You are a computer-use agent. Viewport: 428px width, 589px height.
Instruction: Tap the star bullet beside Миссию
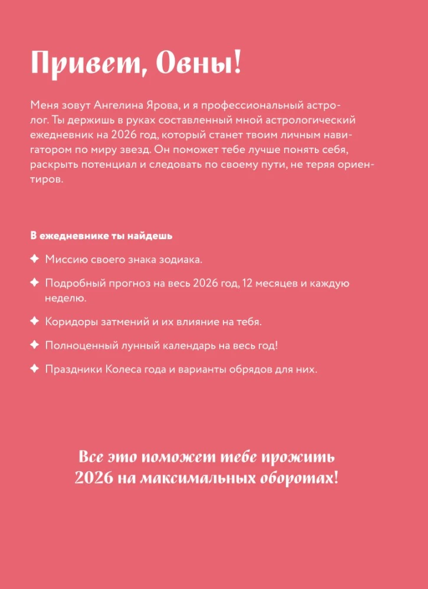tap(34, 258)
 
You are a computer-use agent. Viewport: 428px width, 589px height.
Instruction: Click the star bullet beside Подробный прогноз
tap(34, 283)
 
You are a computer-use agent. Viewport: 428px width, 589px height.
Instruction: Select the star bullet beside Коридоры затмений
tap(34, 322)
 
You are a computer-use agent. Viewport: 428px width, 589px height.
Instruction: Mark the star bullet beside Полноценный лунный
tap(34, 345)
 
